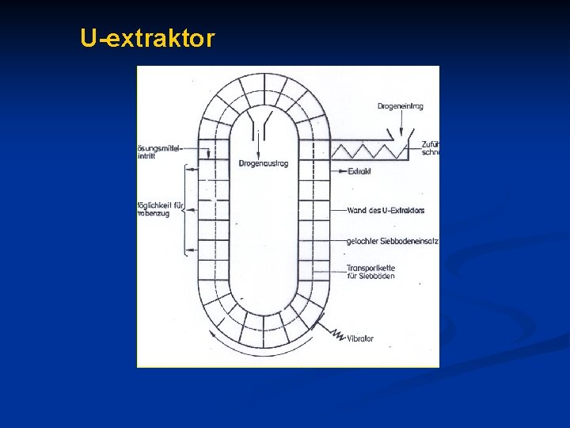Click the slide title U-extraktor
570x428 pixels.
(x=147, y=38)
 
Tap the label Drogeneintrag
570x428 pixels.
(x=400, y=106)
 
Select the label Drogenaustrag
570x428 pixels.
(x=264, y=163)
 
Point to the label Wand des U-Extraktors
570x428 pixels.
(x=386, y=210)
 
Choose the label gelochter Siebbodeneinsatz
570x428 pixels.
(x=392, y=240)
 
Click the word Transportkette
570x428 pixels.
(x=370, y=268)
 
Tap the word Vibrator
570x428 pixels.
(x=359, y=339)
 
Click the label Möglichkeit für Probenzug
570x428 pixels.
(x=160, y=209)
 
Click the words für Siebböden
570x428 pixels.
(x=370, y=277)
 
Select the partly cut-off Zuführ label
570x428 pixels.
(x=430, y=147)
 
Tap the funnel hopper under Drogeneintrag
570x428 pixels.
(x=407, y=142)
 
